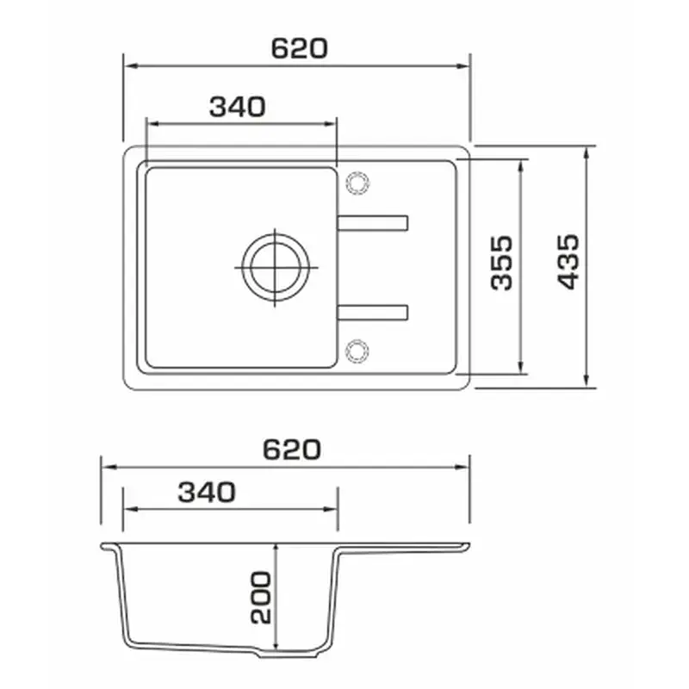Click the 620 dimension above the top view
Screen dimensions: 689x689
pos(299,48)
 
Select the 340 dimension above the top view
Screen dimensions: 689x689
pos(238,107)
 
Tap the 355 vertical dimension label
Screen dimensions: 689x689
pos(502,263)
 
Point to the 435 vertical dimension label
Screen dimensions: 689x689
pos(568,262)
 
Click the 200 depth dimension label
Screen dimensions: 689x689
pos(261,597)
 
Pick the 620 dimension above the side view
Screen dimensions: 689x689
pos(292,450)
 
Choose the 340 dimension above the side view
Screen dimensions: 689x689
pos(207,492)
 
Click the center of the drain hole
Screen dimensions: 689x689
pos(276,267)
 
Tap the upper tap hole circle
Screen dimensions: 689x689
pos(357,183)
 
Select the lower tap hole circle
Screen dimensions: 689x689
pos(357,351)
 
